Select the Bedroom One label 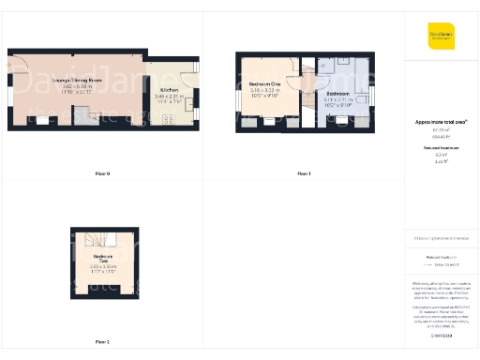(x=265, y=84)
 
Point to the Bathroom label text (x=337, y=95)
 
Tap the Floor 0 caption (x=102, y=174)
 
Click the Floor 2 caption (x=102, y=341)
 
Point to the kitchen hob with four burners (x=171, y=119)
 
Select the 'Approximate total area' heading (x=441, y=123)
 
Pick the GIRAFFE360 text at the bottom (x=441, y=333)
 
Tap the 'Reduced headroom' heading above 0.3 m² (x=441, y=148)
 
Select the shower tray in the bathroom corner (x=327, y=68)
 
